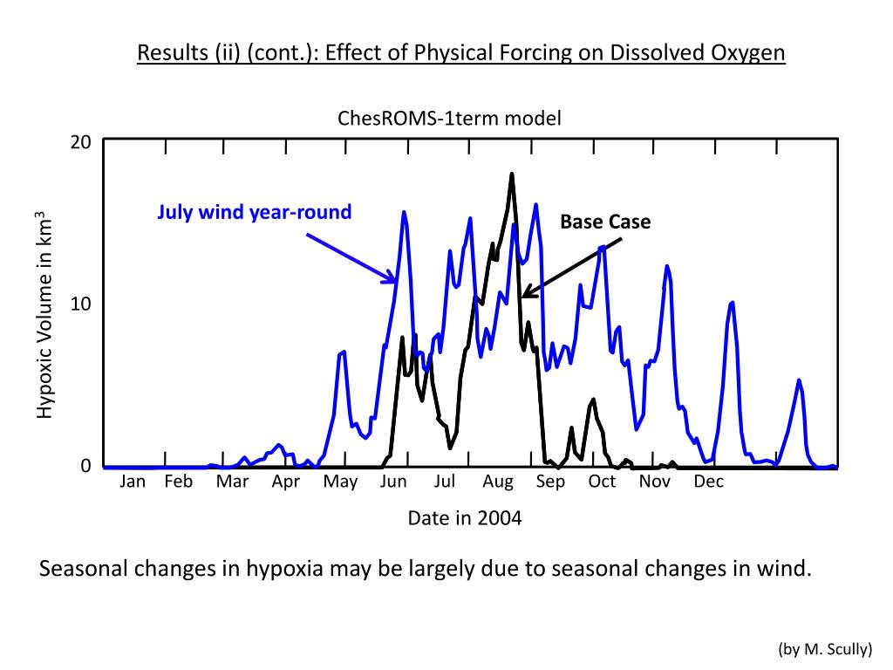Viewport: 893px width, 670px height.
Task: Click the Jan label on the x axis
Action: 133,482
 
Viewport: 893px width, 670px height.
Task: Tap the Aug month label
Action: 498,482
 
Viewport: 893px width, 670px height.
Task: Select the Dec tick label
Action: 708,482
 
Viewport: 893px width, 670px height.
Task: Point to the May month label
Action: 340,482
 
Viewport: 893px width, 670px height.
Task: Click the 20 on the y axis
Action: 81,142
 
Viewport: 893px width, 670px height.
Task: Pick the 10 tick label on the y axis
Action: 81,304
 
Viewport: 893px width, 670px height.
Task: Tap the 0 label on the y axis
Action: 85,466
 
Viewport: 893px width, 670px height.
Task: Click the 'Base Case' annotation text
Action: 605,222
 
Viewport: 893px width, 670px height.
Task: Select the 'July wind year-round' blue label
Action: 254,211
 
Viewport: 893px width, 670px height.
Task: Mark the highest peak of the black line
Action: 512,174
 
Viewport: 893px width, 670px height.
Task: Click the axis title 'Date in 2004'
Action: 465,518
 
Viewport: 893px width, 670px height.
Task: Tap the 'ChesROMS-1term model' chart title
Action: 449,119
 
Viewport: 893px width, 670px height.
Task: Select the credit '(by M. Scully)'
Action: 824,648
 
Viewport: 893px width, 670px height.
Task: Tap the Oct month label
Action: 602,482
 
